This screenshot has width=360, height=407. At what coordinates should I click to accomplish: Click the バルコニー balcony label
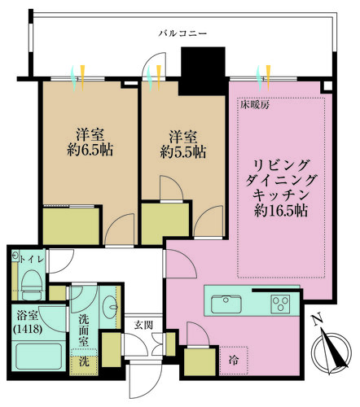[x=182, y=33]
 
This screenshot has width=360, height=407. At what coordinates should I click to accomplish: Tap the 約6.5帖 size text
[x=90, y=150]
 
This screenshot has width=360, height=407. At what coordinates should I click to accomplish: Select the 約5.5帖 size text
[x=183, y=152]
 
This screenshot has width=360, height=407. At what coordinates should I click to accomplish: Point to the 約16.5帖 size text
[x=281, y=210]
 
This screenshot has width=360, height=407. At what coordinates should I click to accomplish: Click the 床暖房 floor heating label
[x=255, y=105]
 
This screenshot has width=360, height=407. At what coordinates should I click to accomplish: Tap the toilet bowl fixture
[x=33, y=285]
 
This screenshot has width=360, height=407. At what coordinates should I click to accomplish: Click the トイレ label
[x=32, y=259]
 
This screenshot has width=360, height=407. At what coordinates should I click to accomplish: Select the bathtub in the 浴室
[x=39, y=357]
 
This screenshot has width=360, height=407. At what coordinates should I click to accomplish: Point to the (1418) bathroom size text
[x=28, y=329]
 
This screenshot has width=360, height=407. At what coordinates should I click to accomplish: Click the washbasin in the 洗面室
[x=111, y=308]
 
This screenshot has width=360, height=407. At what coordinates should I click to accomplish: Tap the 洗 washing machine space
[x=84, y=361]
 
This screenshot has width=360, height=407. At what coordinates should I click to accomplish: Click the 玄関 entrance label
[x=143, y=325]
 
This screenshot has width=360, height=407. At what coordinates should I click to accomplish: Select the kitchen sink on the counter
[x=226, y=304]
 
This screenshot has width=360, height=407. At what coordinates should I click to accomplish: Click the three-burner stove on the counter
[x=281, y=304]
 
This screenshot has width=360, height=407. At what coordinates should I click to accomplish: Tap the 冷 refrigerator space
[x=233, y=360]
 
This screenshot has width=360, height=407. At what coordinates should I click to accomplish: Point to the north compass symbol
[x=331, y=352]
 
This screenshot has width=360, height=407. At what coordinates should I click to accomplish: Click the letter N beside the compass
[x=317, y=320]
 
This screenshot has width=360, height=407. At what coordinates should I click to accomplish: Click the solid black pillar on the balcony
[x=203, y=71]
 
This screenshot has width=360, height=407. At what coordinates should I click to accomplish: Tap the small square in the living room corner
[x=327, y=86]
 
